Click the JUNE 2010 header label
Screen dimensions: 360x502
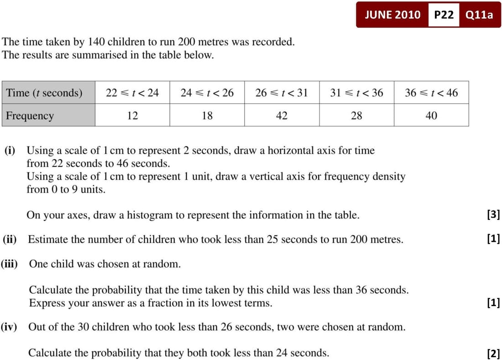392,15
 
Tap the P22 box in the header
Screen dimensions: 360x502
444,15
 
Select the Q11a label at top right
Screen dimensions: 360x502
479,15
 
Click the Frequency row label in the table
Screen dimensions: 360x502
30,115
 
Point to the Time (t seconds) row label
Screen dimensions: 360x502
44,93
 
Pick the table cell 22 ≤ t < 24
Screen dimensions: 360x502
132,93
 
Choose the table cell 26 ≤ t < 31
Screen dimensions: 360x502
282,93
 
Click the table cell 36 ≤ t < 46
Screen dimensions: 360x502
431,93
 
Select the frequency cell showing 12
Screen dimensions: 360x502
132,115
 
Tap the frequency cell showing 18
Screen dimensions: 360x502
207,115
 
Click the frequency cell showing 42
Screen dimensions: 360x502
282,115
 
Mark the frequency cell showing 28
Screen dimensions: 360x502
356,115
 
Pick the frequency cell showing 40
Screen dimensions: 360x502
431,115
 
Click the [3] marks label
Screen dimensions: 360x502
493,214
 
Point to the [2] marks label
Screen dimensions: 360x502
493,353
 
